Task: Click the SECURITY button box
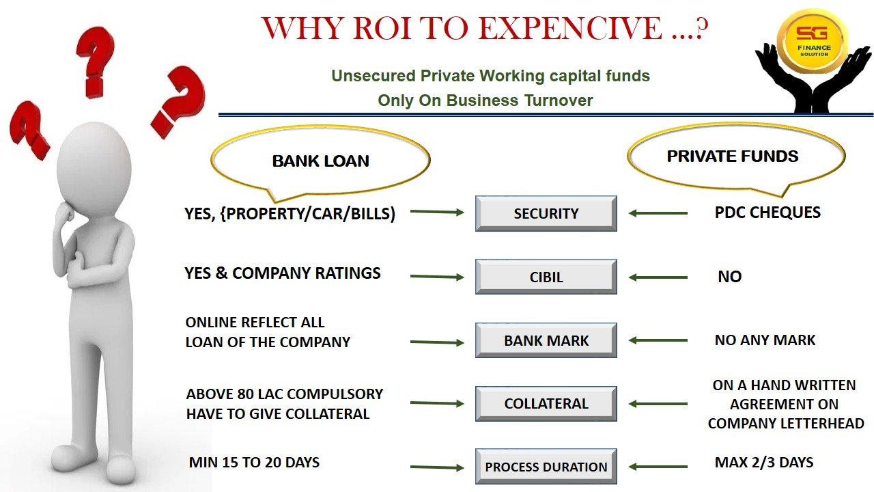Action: click(x=546, y=214)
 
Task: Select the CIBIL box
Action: click(x=546, y=277)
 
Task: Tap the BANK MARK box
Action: click(x=546, y=340)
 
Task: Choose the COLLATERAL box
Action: click(x=546, y=404)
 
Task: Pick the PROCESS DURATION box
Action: click(x=546, y=467)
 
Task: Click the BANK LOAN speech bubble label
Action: click(x=321, y=161)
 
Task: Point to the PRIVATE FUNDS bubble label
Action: click(x=733, y=156)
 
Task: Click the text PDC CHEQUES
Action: click(x=767, y=213)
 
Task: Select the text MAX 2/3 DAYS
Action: click(x=764, y=463)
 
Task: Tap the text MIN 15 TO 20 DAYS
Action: click(x=254, y=463)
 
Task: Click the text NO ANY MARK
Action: click(x=765, y=340)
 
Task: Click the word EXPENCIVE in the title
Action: click(x=570, y=28)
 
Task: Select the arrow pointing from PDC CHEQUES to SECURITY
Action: click(x=658, y=213)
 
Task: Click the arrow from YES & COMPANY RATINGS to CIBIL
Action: click(x=437, y=277)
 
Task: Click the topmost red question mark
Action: click(x=95, y=62)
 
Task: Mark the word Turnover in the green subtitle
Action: click(x=559, y=100)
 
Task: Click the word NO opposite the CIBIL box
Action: click(x=730, y=277)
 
